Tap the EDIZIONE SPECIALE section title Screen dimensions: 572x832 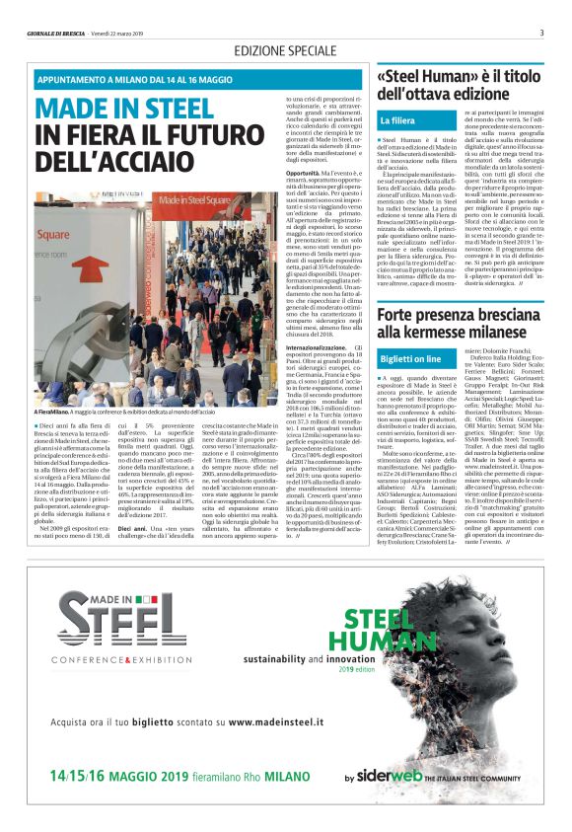(285, 50)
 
